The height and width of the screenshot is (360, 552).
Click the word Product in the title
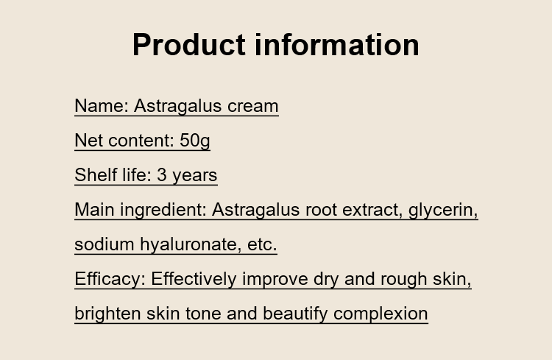[189, 45]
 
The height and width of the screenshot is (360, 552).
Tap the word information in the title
[337, 45]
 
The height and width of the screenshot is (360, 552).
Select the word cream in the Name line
[253, 106]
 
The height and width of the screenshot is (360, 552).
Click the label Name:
[102, 106]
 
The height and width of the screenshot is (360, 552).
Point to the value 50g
[195, 141]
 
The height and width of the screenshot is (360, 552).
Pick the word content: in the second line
[141, 141]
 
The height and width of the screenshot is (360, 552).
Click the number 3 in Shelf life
[162, 175]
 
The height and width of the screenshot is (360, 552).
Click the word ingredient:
[163, 210]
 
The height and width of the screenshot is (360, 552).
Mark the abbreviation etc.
[262, 244]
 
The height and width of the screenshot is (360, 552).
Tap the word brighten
[107, 314]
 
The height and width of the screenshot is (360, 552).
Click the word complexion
[381, 314]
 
